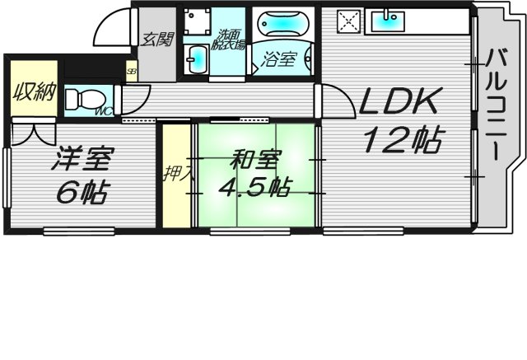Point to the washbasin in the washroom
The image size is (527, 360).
tap(198, 59)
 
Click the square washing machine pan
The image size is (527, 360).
tap(198, 23)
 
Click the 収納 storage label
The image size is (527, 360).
tap(33, 90)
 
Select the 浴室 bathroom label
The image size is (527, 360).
tap(279, 59)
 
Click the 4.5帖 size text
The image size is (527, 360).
tap(252, 187)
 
